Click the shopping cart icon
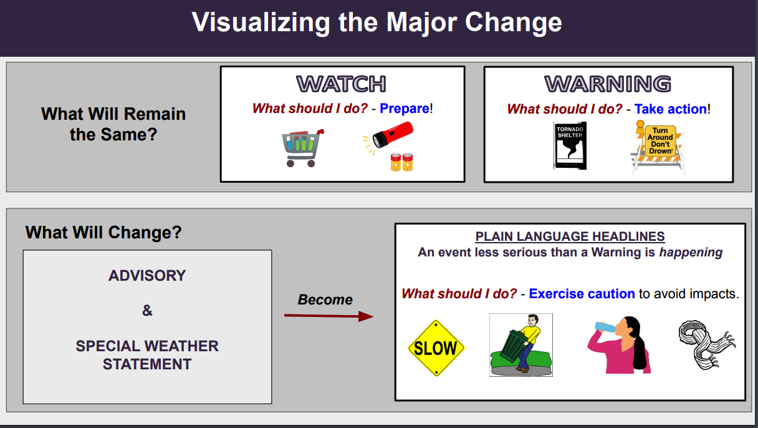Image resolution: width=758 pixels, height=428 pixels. tap(302, 148)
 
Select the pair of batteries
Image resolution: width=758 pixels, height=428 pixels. tap(401, 162)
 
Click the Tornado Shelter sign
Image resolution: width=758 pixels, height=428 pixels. tap(570, 145)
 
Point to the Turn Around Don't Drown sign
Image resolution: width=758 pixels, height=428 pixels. tap(658, 148)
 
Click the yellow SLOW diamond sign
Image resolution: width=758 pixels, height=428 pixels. tap(436, 348)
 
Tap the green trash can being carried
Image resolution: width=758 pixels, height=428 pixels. tap(514, 347)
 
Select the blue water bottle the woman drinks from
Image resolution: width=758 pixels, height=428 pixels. tap(605, 327)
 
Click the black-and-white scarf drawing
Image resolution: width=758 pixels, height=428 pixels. tap(707, 344)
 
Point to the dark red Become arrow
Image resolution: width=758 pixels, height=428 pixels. tap(329, 316)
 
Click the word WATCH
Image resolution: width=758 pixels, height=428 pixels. tap(341, 84)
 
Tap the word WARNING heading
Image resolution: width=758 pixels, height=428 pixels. tap(608, 84)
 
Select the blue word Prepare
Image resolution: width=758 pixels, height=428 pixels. tap(405, 109)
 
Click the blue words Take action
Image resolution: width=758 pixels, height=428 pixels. tap(670, 109)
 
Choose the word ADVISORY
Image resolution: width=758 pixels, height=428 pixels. tap(147, 276)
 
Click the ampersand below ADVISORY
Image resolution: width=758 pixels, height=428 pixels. tap(147, 311)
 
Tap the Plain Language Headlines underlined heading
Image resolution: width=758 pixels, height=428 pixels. tap(570, 236)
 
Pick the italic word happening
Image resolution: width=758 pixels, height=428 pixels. tap(691, 253)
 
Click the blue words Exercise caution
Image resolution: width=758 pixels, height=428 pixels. tap(582, 294)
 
